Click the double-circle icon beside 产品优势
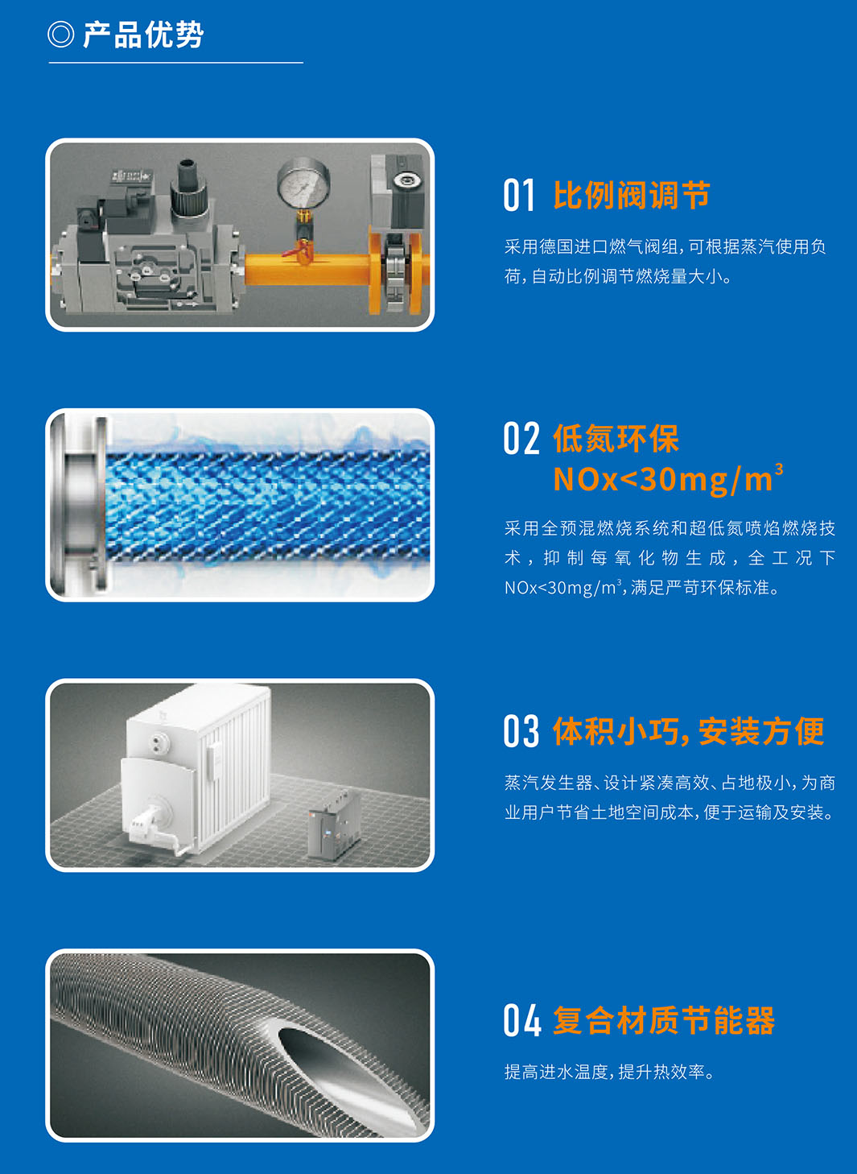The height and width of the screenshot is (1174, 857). coord(61,35)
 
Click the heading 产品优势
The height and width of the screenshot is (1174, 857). coord(143,35)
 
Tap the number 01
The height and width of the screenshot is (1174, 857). coord(518,195)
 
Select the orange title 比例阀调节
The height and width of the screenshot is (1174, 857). coord(632,195)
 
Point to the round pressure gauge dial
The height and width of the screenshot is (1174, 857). coord(303,184)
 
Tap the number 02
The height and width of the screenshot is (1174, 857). coord(521,438)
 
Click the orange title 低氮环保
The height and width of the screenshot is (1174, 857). coord(616,438)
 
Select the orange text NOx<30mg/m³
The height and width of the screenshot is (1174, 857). coord(668,478)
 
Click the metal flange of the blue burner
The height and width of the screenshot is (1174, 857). coord(81,506)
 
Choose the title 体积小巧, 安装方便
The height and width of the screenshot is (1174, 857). coord(689,731)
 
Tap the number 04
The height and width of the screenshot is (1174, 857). coord(521,1020)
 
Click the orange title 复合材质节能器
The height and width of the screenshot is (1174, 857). coord(664,1020)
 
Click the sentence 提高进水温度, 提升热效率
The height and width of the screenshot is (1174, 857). coord(609,1072)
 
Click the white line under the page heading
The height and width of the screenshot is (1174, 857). coord(176,63)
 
